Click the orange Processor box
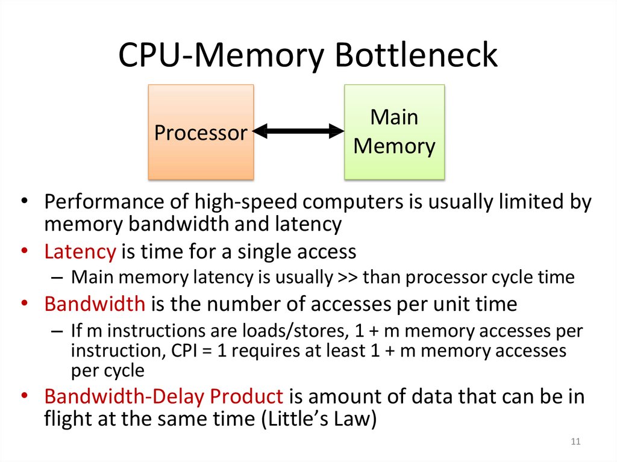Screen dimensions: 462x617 (x=201, y=132)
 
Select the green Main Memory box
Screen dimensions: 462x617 (x=394, y=132)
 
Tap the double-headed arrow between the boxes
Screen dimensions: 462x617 (x=298, y=130)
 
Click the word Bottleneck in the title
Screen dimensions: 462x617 (x=416, y=55)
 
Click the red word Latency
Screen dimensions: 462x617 (x=80, y=251)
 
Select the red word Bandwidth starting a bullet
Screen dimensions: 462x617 (x=95, y=304)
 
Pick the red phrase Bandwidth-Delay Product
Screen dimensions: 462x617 (x=163, y=397)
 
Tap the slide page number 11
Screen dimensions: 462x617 (x=575, y=443)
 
